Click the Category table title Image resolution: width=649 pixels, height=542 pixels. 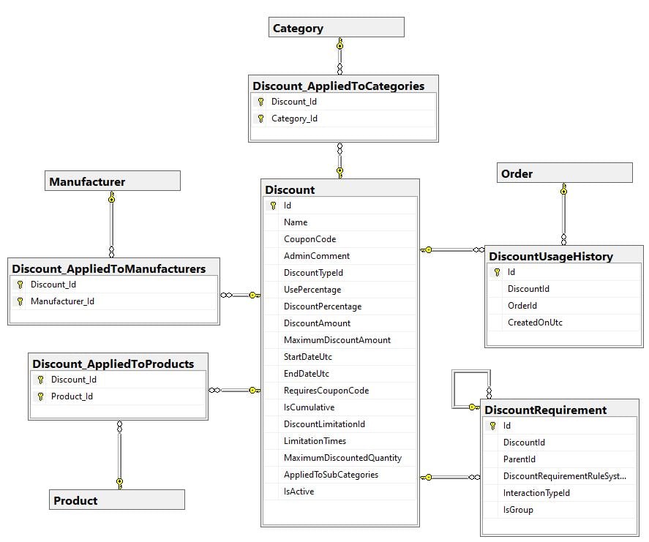coord(298,29)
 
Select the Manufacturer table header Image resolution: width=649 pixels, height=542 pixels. coord(87,181)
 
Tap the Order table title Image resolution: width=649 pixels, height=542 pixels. coord(517,173)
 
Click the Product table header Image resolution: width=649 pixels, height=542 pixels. coord(75,500)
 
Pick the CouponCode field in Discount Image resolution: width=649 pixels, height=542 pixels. coord(310,239)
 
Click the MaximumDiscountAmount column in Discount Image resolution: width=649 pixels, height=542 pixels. coord(337,340)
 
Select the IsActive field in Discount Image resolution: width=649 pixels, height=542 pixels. coord(299,492)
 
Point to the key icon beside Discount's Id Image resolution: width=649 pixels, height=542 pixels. coord(273,206)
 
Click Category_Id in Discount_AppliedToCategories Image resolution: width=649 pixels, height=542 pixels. coord(294,118)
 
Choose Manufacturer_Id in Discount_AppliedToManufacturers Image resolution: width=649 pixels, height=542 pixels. coord(62,301)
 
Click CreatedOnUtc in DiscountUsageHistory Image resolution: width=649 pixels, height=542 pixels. coord(534,323)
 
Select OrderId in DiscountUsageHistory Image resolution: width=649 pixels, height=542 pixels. coord(522,306)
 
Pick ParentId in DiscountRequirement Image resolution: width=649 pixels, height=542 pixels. coord(519,459)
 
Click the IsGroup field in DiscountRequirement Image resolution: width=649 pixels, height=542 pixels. coord(518,510)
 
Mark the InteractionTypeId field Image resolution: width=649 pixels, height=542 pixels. coord(536,493)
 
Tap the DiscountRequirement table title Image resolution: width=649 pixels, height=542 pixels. coord(545,410)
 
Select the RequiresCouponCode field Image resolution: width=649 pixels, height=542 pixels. coord(326,391)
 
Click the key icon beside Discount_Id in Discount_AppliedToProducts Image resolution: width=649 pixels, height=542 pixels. coord(40,380)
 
